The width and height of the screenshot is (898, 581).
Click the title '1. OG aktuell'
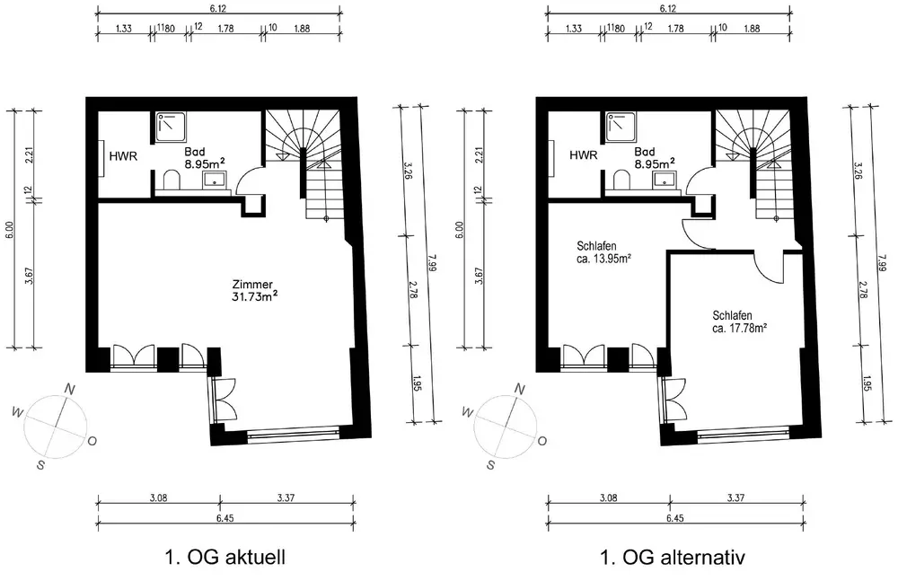[x=225, y=557]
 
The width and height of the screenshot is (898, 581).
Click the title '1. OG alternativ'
[x=673, y=557]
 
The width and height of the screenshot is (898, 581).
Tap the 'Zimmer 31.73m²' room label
[x=255, y=290]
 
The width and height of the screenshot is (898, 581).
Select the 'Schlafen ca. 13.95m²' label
[x=603, y=252]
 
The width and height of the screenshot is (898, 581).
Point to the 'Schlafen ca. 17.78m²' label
[x=740, y=321]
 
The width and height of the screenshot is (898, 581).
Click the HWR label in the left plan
[x=123, y=155]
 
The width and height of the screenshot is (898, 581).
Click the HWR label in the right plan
[x=584, y=155]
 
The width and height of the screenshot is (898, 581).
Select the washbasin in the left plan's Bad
[x=216, y=180]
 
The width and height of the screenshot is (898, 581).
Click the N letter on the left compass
[x=70, y=390]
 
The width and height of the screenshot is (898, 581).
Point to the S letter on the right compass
[x=491, y=464]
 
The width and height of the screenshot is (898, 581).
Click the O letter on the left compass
[x=92, y=441]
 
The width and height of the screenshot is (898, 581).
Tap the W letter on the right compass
[x=468, y=412]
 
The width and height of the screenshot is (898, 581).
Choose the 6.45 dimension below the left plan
[x=225, y=518]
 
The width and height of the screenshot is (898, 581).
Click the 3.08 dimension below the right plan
[x=608, y=497]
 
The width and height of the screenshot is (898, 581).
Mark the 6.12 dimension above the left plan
[x=218, y=9]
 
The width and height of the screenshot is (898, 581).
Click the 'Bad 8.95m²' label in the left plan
[x=204, y=157]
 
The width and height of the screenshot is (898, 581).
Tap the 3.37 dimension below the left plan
[x=286, y=497]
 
